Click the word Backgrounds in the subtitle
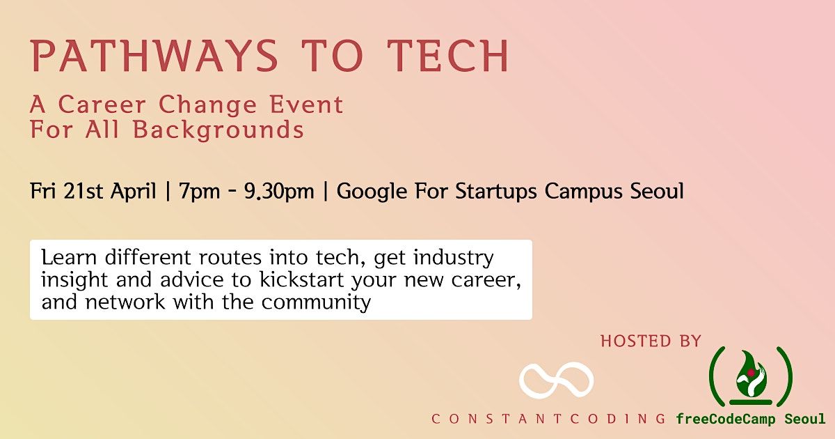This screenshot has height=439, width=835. (x=228, y=130)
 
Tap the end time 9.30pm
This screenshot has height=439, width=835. (x=278, y=192)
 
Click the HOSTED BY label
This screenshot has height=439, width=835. (x=651, y=341)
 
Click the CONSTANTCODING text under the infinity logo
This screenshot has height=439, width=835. (x=549, y=419)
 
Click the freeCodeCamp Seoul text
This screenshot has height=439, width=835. (x=750, y=419)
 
